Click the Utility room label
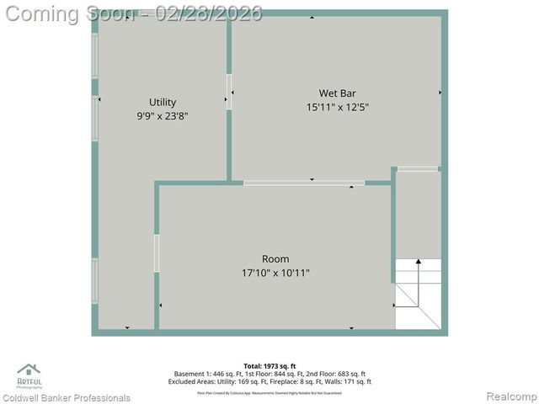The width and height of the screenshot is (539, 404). pyautogui.click(x=162, y=102)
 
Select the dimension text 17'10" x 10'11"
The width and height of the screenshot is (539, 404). pyautogui.click(x=275, y=273)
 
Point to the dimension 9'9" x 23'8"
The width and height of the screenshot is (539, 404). pyautogui.click(x=162, y=116)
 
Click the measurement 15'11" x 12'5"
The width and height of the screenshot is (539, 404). pyautogui.click(x=337, y=107)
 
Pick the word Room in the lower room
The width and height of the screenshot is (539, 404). pyautogui.click(x=275, y=258)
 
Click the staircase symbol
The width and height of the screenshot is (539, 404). pyautogui.click(x=419, y=295)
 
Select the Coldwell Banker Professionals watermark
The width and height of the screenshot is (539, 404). pyautogui.click(x=66, y=397)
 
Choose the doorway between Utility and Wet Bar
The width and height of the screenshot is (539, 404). pyautogui.click(x=228, y=92)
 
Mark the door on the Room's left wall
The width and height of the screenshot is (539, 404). pyautogui.click(x=157, y=252)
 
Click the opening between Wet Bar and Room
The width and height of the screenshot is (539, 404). pyautogui.click(x=303, y=182)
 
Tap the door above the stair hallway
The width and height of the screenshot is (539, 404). pyautogui.click(x=418, y=169)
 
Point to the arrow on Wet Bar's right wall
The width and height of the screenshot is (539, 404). pyautogui.click(x=440, y=92)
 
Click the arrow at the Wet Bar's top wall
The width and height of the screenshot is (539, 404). pyautogui.click(x=312, y=17)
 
